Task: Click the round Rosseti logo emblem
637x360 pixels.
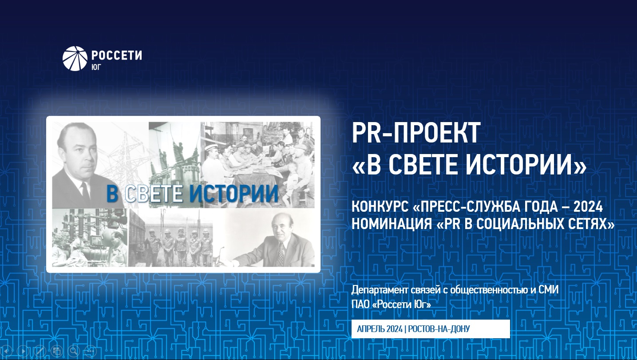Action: point(75,59)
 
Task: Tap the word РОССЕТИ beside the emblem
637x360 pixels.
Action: point(117,55)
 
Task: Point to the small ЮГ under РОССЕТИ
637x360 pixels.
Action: point(96,67)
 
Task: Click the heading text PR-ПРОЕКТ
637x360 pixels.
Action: point(416,133)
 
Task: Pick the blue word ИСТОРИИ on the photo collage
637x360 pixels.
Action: point(234,194)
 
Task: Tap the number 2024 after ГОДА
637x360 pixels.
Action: point(588,207)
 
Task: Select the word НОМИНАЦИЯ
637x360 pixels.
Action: point(392,224)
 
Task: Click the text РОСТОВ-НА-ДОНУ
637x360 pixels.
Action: point(439,329)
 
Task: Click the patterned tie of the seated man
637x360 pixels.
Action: point(281,254)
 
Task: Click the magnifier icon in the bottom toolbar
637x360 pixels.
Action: point(73,351)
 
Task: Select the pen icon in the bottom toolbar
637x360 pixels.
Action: point(40,351)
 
